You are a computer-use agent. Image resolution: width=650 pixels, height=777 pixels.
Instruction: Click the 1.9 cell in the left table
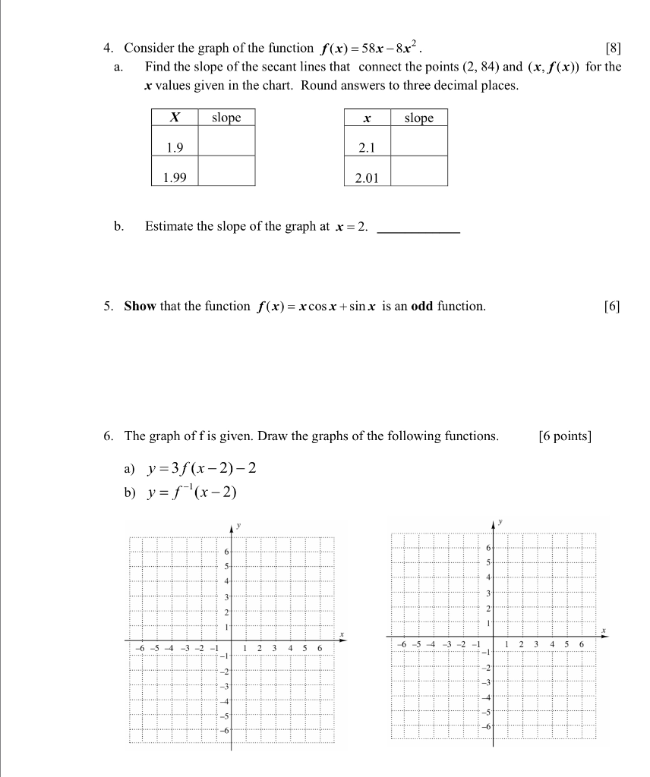point(175,147)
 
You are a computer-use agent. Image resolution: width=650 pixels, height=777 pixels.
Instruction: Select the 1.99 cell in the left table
point(175,178)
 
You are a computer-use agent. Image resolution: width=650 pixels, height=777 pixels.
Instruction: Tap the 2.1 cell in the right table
point(367,148)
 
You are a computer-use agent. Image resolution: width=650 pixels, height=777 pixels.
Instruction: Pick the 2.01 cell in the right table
point(367,178)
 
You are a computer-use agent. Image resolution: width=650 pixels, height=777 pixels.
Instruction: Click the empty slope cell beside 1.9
point(226,141)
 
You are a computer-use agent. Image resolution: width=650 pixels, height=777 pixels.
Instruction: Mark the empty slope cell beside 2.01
point(419,171)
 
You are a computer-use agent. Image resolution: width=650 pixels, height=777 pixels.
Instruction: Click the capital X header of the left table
point(175,118)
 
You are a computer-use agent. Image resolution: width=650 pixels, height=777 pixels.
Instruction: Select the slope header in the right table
point(419,118)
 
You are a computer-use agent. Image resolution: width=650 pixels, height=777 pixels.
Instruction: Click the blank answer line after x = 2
point(418,228)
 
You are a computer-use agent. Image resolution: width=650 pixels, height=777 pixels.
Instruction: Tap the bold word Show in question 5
point(140,307)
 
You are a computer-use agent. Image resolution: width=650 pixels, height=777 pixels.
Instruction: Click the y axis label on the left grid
point(239,524)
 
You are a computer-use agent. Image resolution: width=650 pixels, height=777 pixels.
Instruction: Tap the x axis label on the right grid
point(604,630)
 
